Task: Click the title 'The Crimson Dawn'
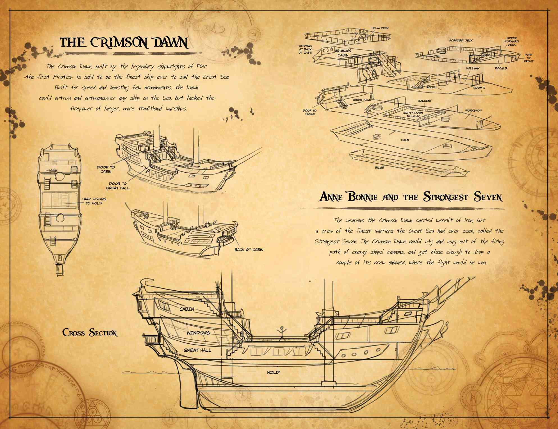tap(124, 43)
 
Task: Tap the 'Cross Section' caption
tap(90, 333)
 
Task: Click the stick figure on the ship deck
tap(281, 333)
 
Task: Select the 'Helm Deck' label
tap(380, 28)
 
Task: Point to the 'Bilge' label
tap(379, 168)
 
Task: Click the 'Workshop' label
tap(473, 111)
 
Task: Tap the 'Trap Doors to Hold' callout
tap(94, 201)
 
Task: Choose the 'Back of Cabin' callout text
tap(249, 250)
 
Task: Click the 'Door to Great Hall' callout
tap(118, 186)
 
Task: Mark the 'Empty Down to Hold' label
tap(413, 114)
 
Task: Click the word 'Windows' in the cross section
tap(198, 333)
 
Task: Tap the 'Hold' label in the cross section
tap(273, 372)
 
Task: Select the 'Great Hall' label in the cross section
tap(197, 350)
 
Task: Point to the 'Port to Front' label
tap(528, 58)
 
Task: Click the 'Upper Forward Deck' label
tap(511, 42)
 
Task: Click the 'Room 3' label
tap(501, 68)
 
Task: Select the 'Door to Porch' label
tap(310, 112)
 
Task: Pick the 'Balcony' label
tap(425, 101)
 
